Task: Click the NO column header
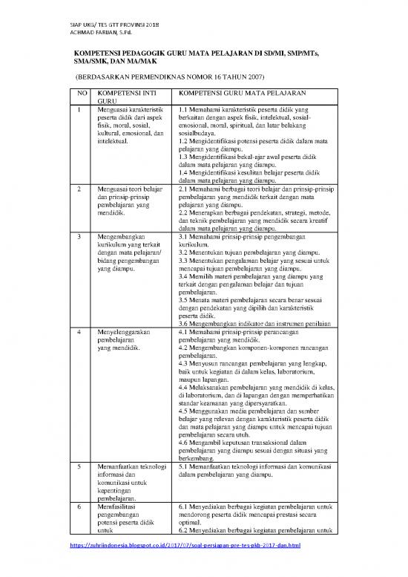point(83,94)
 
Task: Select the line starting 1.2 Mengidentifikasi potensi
point(253,140)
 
